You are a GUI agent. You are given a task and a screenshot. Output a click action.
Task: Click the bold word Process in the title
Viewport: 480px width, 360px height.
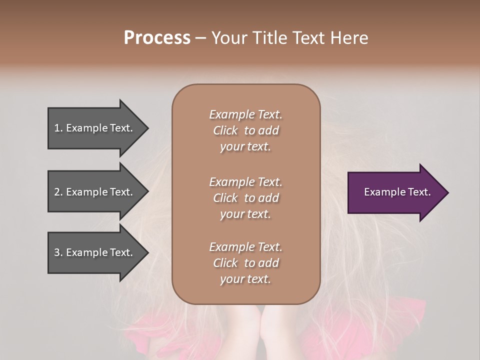(x=157, y=38)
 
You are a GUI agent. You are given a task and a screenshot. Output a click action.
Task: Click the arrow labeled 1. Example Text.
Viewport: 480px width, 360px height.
(x=95, y=128)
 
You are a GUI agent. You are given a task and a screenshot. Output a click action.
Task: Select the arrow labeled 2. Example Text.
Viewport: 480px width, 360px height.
(x=95, y=192)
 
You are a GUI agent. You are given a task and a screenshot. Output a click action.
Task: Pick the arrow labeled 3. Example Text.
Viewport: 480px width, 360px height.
(x=95, y=253)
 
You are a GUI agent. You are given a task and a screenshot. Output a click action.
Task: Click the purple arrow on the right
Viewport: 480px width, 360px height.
(x=395, y=192)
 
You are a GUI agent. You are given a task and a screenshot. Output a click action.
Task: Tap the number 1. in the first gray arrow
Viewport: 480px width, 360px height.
(x=58, y=128)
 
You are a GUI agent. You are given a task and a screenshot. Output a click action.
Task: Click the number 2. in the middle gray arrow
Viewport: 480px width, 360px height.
(x=58, y=192)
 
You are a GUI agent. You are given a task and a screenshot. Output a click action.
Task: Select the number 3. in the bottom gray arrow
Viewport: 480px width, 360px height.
(x=58, y=253)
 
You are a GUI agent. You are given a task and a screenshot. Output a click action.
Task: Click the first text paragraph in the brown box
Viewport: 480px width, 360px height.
(x=245, y=130)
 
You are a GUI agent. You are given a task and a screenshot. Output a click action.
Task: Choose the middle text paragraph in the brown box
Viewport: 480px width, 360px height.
(x=245, y=198)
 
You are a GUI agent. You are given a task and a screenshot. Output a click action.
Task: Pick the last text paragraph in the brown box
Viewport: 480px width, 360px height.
(x=245, y=263)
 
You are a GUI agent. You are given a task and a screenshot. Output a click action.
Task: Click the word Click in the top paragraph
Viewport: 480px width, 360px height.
(x=225, y=130)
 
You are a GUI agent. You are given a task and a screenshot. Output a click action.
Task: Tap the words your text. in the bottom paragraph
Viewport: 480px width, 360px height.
(x=245, y=279)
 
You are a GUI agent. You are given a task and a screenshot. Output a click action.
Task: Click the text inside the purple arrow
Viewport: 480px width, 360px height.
(x=397, y=192)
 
